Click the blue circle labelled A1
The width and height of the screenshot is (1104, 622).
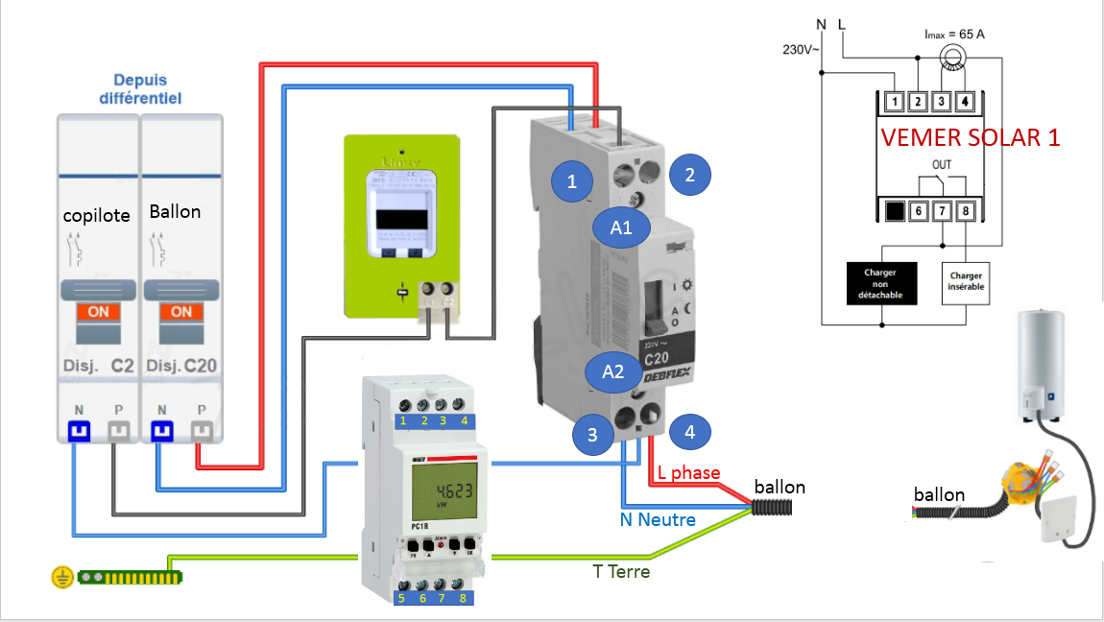[x=622, y=227]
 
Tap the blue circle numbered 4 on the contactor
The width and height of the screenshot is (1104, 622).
[x=689, y=433]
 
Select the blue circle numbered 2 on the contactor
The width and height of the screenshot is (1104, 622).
[x=689, y=174]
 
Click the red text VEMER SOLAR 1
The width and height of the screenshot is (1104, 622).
[x=971, y=137]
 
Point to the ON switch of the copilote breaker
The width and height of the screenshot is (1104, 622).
[x=98, y=312]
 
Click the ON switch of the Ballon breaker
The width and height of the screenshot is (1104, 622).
[x=181, y=312]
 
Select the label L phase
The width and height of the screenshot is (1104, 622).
[x=689, y=473]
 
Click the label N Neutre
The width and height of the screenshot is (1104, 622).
[x=658, y=519]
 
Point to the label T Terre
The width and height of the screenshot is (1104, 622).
[x=621, y=572]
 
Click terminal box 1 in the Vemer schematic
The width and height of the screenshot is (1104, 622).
[x=894, y=101]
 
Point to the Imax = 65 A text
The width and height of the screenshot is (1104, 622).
[x=954, y=35]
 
